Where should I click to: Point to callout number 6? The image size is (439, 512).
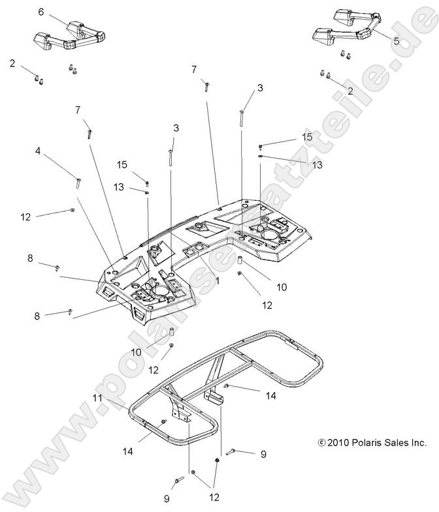point(41,12)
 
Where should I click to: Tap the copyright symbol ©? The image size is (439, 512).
point(321,443)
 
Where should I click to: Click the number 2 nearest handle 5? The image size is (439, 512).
point(350,91)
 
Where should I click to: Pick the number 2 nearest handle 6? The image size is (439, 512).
point(12,63)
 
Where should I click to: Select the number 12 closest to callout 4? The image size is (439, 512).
point(25,217)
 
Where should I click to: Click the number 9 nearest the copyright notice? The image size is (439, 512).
point(263,455)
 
